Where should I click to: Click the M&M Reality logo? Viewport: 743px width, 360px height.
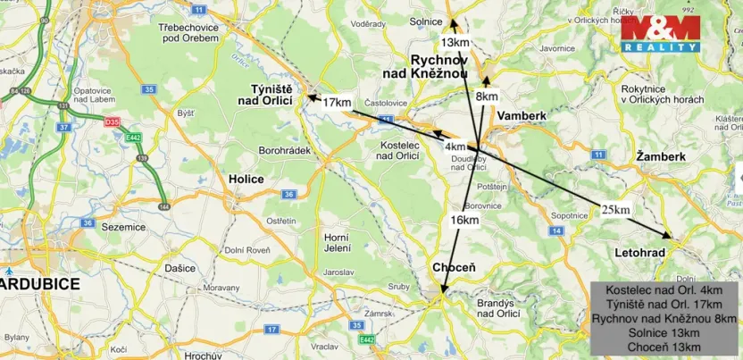point(660,33)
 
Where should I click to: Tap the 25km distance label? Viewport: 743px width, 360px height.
point(615,209)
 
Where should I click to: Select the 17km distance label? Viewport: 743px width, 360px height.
point(336,103)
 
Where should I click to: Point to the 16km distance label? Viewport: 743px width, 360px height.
point(464,219)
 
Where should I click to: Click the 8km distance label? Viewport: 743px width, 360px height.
point(487,96)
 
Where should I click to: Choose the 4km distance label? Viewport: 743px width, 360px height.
point(455,147)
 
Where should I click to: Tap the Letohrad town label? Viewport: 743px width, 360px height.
point(640,254)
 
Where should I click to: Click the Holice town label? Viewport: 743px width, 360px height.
point(245,179)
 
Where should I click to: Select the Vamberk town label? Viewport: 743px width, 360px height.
point(521,116)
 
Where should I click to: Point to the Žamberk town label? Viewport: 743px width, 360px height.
point(661,156)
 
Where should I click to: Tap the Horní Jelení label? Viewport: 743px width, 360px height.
point(335,241)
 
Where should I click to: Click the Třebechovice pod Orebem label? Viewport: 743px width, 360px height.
point(171,33)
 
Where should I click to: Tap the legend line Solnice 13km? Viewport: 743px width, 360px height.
point(664,332)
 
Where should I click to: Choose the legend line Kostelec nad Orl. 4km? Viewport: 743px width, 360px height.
point(664,290)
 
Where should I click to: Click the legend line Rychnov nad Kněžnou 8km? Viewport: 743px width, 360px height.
point(664,318)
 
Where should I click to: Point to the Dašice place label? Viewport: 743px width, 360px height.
point(179,268)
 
